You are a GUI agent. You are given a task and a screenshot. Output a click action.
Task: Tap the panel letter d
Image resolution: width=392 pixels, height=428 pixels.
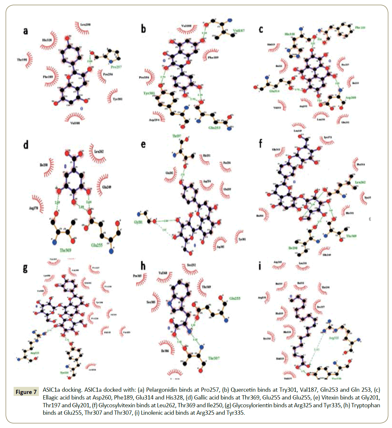[26, 145]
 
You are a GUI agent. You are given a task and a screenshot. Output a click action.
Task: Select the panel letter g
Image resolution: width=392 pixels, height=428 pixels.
[25, 268]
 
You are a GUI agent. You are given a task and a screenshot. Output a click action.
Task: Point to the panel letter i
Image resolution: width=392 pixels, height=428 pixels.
[260, 266]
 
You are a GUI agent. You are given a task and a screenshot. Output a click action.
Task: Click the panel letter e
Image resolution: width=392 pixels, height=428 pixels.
[143, 144]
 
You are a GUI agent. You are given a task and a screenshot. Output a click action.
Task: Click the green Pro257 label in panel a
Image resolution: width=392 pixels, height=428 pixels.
[116, 67]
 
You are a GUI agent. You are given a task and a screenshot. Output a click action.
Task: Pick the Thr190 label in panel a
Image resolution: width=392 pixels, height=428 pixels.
[22, 60]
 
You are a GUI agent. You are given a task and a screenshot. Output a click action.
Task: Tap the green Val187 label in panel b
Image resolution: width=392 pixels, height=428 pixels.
[239, 31]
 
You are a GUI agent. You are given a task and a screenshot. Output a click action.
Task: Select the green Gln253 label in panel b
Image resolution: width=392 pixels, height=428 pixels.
[214, 128]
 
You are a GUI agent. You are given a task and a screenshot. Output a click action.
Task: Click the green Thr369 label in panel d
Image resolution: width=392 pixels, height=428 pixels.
[65, 250]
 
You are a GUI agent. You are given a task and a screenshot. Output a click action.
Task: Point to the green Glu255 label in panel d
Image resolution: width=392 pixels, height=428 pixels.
[97, 245]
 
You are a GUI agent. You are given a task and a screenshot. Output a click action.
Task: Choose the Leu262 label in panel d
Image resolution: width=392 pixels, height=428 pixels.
[99, 151]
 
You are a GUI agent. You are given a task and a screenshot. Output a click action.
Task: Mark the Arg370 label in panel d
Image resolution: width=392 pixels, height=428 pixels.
[34, 208]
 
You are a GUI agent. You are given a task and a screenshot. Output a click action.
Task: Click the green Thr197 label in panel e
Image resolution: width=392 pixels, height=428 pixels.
[177, 136]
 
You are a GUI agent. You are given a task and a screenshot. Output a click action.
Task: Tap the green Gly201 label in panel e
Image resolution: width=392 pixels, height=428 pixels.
[138, 222]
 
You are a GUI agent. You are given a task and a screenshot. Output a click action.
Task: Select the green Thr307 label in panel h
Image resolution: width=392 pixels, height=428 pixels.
[214, 358]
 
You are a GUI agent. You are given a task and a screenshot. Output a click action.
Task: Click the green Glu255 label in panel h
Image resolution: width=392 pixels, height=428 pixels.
[235, 298]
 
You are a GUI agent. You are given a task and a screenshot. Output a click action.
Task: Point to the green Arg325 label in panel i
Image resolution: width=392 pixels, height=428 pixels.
[334, 338]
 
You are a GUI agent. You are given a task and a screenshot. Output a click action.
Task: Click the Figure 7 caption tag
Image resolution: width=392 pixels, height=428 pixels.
[26, 392]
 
